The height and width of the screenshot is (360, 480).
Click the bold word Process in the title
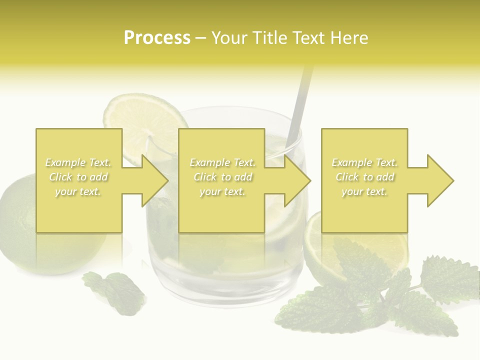[157, 38]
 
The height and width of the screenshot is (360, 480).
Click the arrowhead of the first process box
[155, 180]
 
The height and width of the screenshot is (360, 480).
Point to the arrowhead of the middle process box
[297, 180]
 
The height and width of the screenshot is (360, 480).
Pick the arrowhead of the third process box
[440, 180]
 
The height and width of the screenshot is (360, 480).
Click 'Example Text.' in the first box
[78, 162]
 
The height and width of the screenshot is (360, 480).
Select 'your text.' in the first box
[78, 191]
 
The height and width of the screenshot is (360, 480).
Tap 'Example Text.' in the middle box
[222, 162]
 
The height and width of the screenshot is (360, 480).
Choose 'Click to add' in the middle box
[222, 177]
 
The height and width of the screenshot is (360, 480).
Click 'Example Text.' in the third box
[364, 162]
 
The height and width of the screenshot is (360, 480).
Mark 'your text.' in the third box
[364, 191]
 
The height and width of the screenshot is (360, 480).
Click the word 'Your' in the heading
[230, 38]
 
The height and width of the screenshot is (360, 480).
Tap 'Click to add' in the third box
[364, 177]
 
